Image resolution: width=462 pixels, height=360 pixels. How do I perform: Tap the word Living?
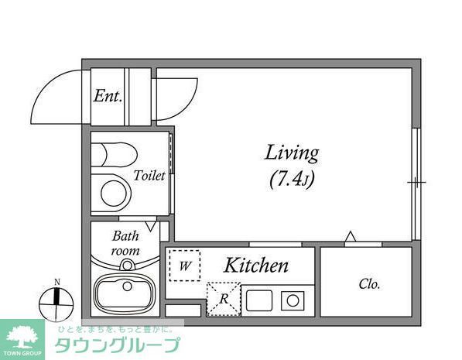[292, 153]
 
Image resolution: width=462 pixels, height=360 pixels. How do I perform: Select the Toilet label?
[149, 176]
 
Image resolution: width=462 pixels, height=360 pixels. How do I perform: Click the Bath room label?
[126, 243]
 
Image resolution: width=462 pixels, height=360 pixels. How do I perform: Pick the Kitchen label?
[256, 266]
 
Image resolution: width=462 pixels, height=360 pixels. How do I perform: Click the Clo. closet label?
[369, 284]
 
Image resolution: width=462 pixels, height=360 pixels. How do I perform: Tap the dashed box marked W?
[185, 266]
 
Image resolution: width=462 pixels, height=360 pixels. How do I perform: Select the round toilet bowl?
[114, 192]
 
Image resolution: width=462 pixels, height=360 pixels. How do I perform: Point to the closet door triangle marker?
[351, 236]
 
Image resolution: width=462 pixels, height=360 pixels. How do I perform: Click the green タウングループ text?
[117, 345]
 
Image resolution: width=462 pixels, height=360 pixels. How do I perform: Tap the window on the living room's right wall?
[416, 183]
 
